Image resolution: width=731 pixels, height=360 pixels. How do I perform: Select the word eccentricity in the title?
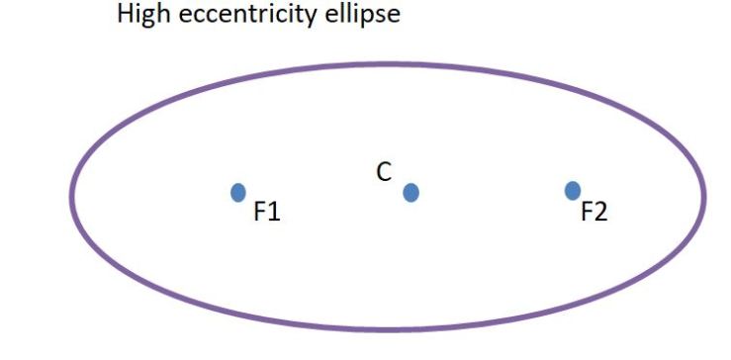(246, 16)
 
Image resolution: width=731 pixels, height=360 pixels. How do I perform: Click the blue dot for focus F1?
(237, 192)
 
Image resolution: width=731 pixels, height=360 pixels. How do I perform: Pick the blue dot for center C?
(411, 192)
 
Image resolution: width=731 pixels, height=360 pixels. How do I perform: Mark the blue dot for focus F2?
(572, 190)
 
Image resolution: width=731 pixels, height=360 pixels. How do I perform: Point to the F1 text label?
(267, 212)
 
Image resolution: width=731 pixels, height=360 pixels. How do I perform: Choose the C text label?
(384, 172)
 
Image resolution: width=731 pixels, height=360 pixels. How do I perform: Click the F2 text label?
(594, 212)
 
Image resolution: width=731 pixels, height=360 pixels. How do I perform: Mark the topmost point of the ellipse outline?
(386, 65)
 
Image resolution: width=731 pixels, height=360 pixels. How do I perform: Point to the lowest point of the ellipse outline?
(386, 327)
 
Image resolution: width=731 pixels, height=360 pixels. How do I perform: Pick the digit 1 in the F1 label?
(275, 212)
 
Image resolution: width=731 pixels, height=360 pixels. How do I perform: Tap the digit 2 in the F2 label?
(600, 212)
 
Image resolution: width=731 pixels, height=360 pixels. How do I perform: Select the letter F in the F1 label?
(260, 212)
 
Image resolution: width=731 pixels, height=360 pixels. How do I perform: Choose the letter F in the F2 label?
(586, 212)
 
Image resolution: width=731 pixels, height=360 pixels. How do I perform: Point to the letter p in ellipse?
(371, 18)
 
